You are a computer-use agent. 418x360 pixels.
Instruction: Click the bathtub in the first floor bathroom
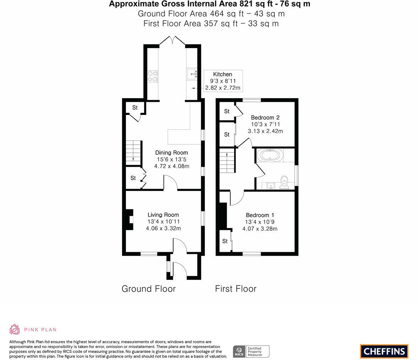click(x=269, y=155)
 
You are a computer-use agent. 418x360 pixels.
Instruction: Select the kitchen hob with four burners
click(x=153, y=77)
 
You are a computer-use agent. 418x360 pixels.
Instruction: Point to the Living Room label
click(x=163, y=215)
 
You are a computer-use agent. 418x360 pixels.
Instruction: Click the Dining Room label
click(x=172, y=152)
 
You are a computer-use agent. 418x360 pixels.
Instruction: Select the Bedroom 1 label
click(x=260, y=215)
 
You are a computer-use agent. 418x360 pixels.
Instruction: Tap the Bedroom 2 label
click(x=265, y=117)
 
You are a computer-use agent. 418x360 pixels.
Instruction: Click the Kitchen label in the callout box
click(x=223, y=74)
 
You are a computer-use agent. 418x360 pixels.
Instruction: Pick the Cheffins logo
click(x=384, y=351)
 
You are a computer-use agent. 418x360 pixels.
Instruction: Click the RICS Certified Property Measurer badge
click(x=251, y=351)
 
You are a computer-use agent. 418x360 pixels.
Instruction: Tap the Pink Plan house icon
click(x=15, y=329)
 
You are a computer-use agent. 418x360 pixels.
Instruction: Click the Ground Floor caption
click(x=148, y=289)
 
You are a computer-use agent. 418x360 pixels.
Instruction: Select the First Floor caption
click(x=235, y=289)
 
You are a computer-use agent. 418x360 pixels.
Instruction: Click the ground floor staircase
click(x=134, y=152)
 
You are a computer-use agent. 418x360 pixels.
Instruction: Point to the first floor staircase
click(x=227, y=160)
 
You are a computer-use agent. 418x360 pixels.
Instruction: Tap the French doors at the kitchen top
click(x=172, y=40)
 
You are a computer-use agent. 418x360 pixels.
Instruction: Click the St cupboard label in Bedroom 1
click(x=225, y=241)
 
